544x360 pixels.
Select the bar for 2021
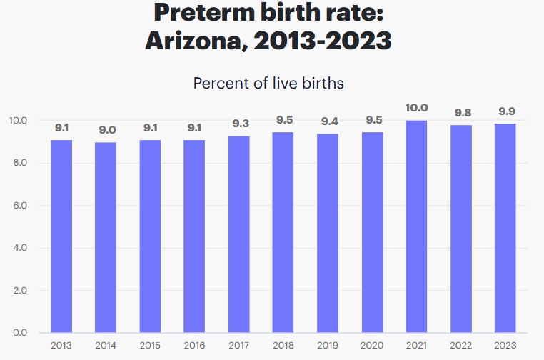[416, 226]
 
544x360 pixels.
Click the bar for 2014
[106, 237]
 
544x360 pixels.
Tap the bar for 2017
[239, 234]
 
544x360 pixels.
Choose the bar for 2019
[328, 233]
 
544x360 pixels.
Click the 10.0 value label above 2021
[416, 108]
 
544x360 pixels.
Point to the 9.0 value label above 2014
[106, 130]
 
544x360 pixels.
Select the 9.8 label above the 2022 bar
[460, 112]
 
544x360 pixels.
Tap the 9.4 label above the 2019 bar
[328, 121]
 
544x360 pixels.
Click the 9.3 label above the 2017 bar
[239, 124]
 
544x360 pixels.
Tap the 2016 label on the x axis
[194, 346]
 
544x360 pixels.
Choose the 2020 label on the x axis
[372, 346]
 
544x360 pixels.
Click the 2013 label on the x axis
[61, 346]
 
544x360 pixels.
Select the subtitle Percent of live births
[268, 83]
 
